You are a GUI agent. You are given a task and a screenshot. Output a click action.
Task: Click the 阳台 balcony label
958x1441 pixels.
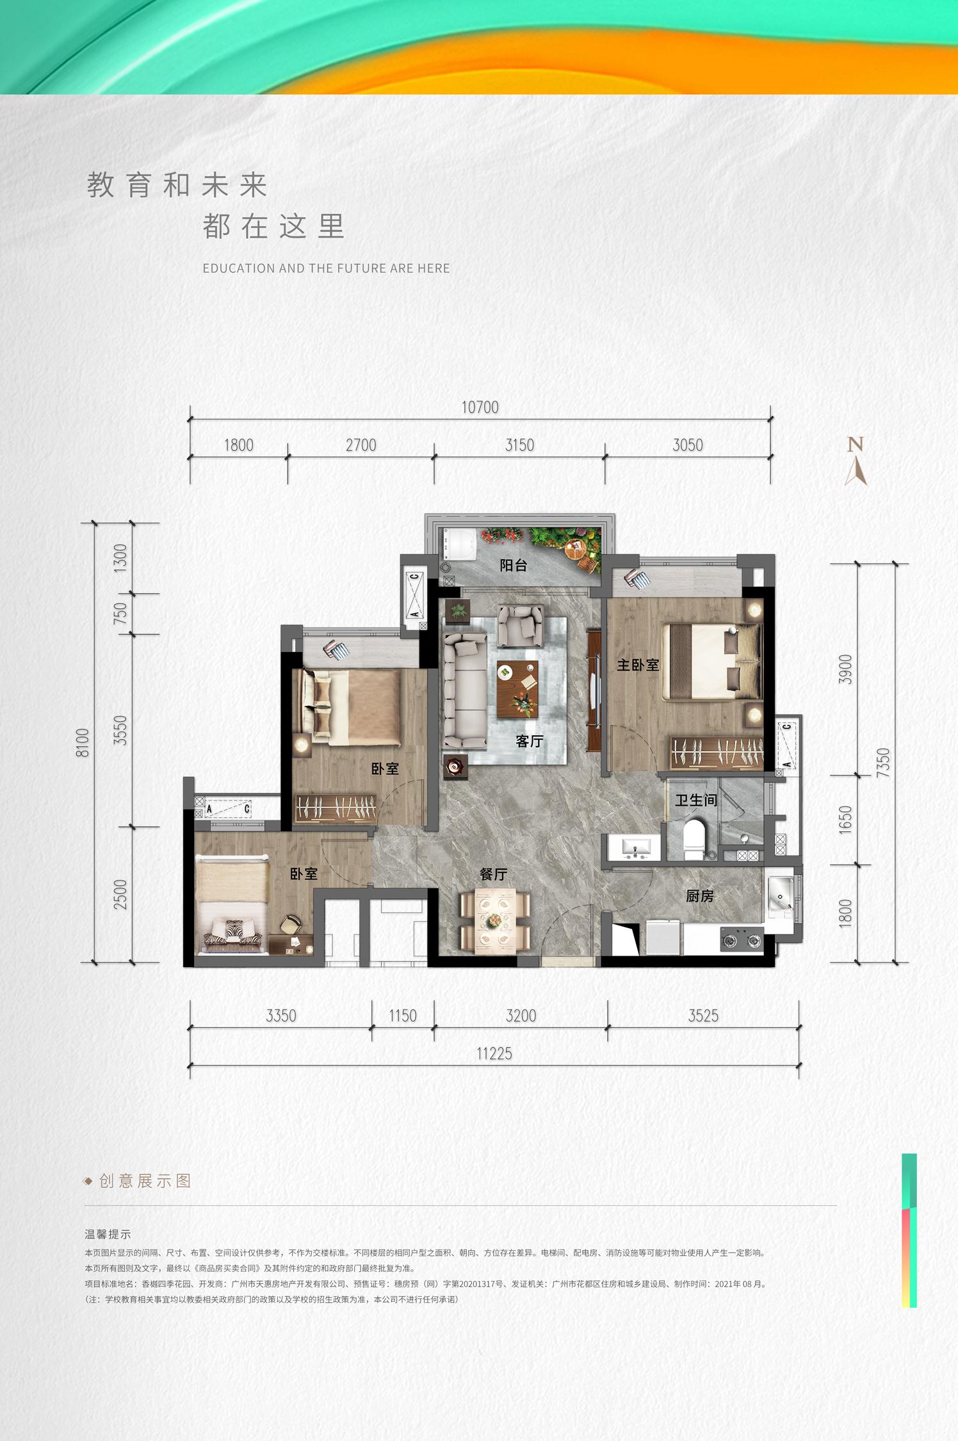pyautogui.click(x=514, y=565)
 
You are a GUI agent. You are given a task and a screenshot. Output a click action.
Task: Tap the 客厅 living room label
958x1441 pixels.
pyautogui.click(x=530, y=741)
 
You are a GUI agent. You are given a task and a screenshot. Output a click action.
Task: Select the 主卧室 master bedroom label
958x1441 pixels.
pyautogui.click(x=638, y=665)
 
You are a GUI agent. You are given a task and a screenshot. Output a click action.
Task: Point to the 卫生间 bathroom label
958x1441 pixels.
pyautogui.click(x=696, y=800)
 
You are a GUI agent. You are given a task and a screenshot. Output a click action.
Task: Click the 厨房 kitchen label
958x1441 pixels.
pyautogui.click(x=699, y=896)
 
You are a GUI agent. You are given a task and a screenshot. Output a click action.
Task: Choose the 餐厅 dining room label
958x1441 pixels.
pyautogui.click(x=493, y=874)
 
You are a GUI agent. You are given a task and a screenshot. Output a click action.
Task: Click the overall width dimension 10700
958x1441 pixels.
pyautogui.click(x=480, y=407)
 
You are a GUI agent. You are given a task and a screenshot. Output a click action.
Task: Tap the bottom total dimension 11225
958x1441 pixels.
pyautogui.click(x=494, y=1054)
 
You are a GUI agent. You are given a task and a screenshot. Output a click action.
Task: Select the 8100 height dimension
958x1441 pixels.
pyautogui.click(x=83, y=743)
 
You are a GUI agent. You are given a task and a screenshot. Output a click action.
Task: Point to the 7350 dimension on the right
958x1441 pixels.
pyautogui.click(x=883, y=763)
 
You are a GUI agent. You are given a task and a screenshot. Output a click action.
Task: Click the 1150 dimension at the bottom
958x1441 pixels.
pyautogui.click(x=402, y=1016)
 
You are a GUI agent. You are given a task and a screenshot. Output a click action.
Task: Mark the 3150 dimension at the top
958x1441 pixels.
pyautogui.click(x=519, y=445)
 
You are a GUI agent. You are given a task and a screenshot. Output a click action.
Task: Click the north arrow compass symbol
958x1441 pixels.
pyautogui.click(x=856, y=461)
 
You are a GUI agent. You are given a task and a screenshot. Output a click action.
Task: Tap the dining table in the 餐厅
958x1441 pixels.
pyautogui.click(x=495, y=920)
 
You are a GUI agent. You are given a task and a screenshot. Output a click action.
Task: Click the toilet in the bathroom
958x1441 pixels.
pyautogui.click(x=694, y=840)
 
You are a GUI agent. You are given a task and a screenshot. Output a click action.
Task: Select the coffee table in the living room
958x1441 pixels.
pyautogui.click(x=517, y=689)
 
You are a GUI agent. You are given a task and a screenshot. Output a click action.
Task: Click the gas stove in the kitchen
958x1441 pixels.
pyautogui.click(x=742, y=940)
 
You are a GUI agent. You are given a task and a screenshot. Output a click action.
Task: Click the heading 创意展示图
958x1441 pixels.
pyautogui.click(x=145, y=1180)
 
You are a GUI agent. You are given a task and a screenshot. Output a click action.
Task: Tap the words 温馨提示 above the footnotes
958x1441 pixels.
pyautogui.click(x=108, y=1234)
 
